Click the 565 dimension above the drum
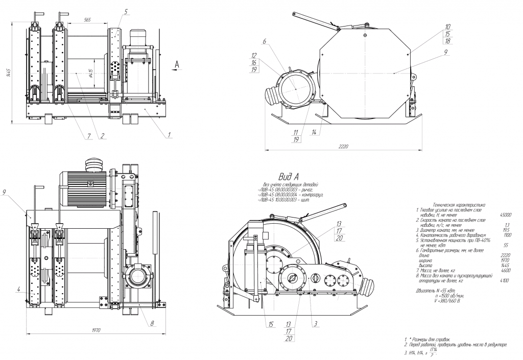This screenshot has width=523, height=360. [x=87, y=19]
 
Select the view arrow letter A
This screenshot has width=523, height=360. [x=177, y=64]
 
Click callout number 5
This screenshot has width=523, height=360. [x=126, y=11]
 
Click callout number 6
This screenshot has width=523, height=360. [x=265, y=41]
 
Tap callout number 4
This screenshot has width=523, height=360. [x=18, y=290]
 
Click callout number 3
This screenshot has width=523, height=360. [x=316, y=324]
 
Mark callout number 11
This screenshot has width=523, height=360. [x=296, y=132]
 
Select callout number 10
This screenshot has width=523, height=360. [x=447, y=27]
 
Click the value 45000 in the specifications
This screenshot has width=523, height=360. [x=505, y=215]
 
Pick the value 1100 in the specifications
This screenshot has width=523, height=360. [x=507, y=235]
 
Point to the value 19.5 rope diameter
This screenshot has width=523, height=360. [x=507, y=230]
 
